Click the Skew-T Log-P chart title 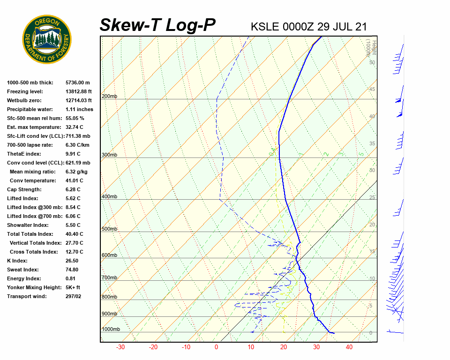157,25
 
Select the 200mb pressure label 109,97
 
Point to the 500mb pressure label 109,229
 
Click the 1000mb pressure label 111,330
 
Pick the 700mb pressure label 109,278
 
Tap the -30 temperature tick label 120,347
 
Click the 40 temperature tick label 349,347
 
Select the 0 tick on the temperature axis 216,347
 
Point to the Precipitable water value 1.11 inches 79,109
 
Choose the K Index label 17,261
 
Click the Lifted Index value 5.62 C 73,198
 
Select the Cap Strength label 24,189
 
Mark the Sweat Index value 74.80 72,270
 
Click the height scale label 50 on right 372,62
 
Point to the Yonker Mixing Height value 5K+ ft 73,287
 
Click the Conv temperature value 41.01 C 74,180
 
